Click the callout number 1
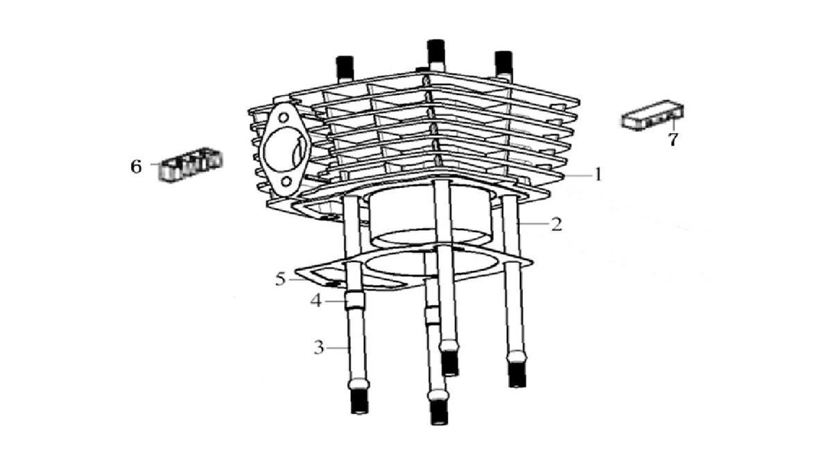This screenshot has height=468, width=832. (x=598, y=174)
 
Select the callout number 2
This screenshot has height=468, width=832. (x=556, y=225)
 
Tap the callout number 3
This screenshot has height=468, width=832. (x=319, y=347)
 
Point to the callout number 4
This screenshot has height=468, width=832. (x=316, y=300)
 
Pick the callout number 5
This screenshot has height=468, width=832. (x=280, y=279)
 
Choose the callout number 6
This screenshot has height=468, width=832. (x=137, y=166)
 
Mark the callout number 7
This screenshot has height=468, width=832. (x=673, y=139)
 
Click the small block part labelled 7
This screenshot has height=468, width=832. (x=653, y=115)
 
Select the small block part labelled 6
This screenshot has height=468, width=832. (x=191, y=164)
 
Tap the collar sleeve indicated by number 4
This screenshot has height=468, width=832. (x=355, y=301)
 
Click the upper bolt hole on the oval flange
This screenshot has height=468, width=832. (x=284, y=118)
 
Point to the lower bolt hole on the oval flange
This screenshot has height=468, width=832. (x=286, y=182)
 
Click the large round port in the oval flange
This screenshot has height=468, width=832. (x=285, y=149)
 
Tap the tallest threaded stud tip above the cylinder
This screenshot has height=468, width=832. (x=436, y=52)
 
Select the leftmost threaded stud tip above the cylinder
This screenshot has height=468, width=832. (x=345, y=68)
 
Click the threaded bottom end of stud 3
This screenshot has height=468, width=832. (x=360, y=401)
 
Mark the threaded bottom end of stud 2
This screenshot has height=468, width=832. (x=517, y=374)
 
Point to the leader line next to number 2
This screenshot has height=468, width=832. (x=533, y=223)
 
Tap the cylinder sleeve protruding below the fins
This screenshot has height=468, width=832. (x=430, y=219)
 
